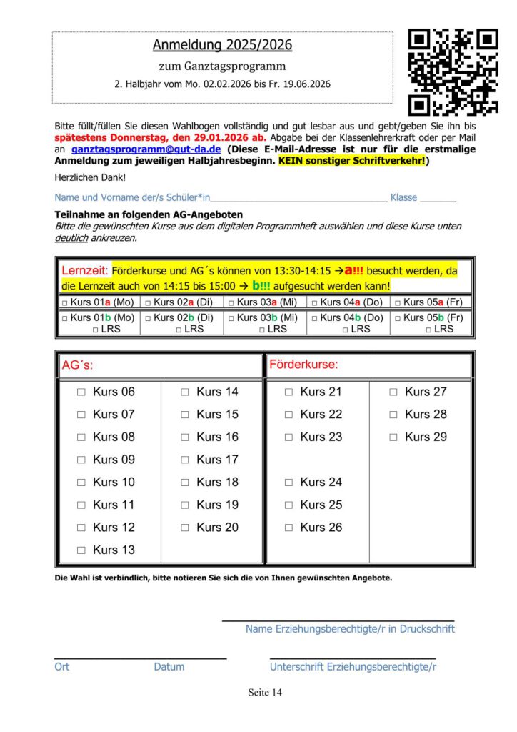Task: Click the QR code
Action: [453, 71]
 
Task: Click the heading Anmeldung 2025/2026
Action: [222, 45]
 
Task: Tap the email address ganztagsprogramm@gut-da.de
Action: [146, 149]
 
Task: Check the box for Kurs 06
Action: [81, 392]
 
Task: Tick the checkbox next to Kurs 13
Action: [81, 550]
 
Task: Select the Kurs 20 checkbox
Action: [185, 528]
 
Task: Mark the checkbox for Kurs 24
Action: [288, 483]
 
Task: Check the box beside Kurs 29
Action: [393, 437]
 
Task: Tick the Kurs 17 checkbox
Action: [185, 460]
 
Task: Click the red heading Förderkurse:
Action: [303, 365]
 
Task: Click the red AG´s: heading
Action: [77, 365]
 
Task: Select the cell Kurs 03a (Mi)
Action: [265, 302]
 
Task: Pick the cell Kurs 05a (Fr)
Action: [431, 302]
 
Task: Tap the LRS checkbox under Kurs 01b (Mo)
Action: [96, 330]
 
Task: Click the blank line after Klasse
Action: [438, 198]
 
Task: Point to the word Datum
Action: [169, 667]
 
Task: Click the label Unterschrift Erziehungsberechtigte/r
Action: [353, 667]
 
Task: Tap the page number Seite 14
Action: [265, 693]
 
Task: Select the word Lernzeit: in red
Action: [84, 272]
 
